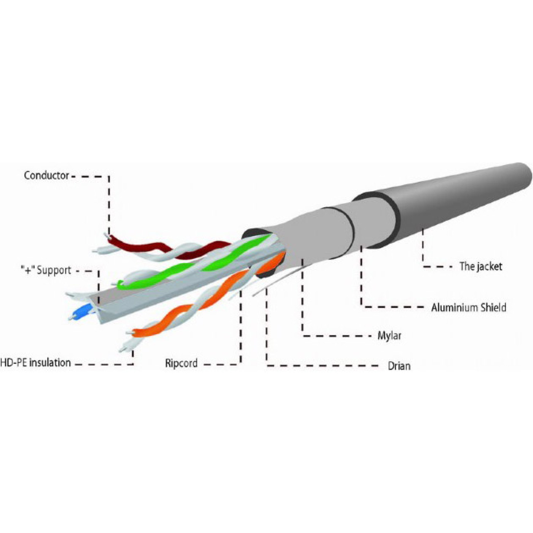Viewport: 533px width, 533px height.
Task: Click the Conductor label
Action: pyautogui.click(x=46, y=176)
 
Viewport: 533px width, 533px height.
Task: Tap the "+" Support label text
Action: pyautogui.click(x=46, y=270)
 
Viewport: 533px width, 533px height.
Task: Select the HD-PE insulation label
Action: pyautogui.click(x=35, y=362)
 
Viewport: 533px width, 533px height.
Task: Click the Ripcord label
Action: pyautogui.click(x=182, y=363)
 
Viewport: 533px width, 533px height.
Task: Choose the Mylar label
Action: pyautogui.click(x=389, y=336)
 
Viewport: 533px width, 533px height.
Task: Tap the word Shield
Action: pyautogui.click(x=493, y=307)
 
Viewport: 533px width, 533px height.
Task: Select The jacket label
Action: pyautogui.click(x=481, y=266)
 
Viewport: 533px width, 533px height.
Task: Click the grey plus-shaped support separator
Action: pyautogui.click(x=191, y=285)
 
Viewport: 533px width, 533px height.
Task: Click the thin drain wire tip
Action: pyautogui.click(x=253, y=296)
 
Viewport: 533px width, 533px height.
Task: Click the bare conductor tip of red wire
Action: pyautogui.click(x=106, y=236)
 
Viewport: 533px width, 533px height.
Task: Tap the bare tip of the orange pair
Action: pyautogui.click(x=129, y=332)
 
